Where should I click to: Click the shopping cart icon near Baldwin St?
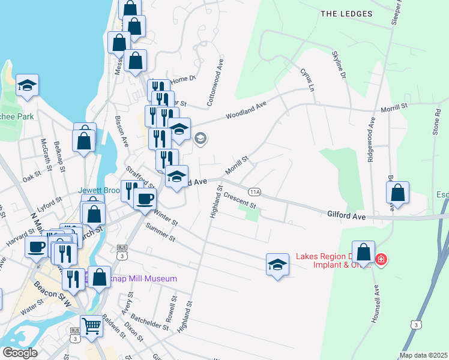pyautogui.click(x=91, y=327)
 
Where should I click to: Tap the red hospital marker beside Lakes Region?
pyautogui.click(x=381, y=260)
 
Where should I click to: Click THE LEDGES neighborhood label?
pyautogui.click(x=346, y=14)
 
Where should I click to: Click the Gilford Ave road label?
pyautogui.click(x=346, y=214)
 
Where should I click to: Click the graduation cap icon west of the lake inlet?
pyautogui.click(x=27, y=86)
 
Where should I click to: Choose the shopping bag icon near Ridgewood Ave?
pyautogui.click(x=397, y=193)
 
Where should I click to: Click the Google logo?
pyautogui.click(x=20, y=353)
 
